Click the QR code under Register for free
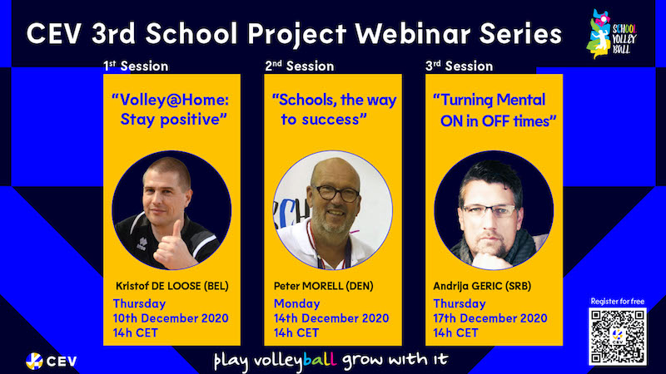tap(618, 336)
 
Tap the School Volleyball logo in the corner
tap(612, 34)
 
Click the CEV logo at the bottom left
tap(52, 362)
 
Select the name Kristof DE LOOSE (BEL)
tap(172, 286)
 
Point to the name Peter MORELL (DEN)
tap(324, 286)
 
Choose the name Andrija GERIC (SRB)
tap(482, 286)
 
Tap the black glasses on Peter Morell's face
tap(336, 194)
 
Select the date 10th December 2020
tap(171, 318)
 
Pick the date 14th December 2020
tap(331, 318)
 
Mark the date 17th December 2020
tap(490, 318)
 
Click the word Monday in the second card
tap(297, 304)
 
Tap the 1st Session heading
tap(136, 66)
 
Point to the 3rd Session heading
tap(460, 66)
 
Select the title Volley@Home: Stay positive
tap(171, 110)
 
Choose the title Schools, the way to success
tap(334, 110)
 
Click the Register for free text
tap(618, 302)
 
